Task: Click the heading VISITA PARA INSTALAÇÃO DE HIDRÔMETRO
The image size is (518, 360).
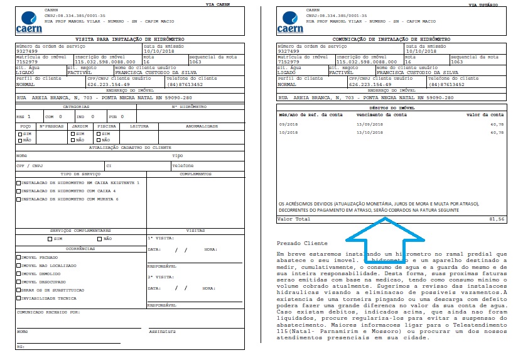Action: click(x=129, y=39)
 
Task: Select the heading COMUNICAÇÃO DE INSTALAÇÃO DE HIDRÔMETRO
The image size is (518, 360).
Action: click(x=391, y=39)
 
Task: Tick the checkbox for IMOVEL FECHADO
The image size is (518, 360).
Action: click(x=18, y=257)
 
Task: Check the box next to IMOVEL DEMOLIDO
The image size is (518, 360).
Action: click(x=18, y=273)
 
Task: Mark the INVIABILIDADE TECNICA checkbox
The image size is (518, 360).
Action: click(x=18, y=298)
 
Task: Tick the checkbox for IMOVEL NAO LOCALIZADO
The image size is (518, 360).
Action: click(x=18, y=265)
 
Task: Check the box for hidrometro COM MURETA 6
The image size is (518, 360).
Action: click(x=18, y=199)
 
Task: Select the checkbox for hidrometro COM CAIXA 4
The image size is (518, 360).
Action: click(x=18, y=190)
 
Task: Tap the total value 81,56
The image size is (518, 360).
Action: click(x=497, y=219)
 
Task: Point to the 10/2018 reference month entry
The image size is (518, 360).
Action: click(x=289, y=133)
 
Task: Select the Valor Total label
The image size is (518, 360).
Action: click(x=294, y=219)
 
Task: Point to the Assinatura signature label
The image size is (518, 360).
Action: click(x=161, y=331)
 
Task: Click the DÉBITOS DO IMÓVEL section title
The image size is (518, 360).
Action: click(x=391, y=108)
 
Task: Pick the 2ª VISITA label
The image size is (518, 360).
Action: click(x=158, y=276)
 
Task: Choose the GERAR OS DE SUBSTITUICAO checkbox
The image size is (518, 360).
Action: click(x=18, y=290)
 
